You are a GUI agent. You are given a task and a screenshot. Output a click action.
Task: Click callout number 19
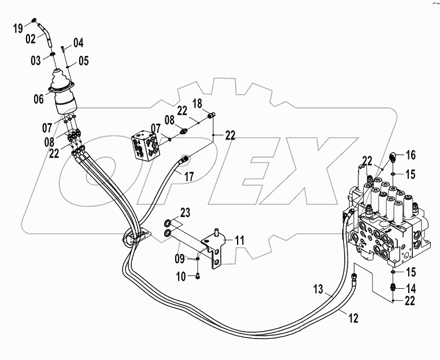(x=18, y=27)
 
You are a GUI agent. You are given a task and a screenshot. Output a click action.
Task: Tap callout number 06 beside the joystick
(x=38, y=99)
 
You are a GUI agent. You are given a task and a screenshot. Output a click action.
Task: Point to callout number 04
(x=78, y=42)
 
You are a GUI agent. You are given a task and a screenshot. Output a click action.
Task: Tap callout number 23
(x=184, y=212)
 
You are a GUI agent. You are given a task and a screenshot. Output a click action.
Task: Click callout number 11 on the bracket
(x=239, y=238)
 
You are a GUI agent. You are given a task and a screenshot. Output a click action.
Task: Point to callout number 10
(x=180, y=277)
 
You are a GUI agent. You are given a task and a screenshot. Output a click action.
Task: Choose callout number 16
(x=411, y=156)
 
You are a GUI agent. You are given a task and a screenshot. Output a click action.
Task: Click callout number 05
(x=83, y=60)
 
